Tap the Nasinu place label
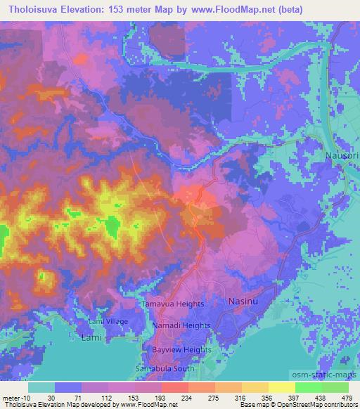point(245,301)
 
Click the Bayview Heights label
point(181,349)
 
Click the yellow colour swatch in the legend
point(281,387)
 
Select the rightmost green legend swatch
point(335,387)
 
